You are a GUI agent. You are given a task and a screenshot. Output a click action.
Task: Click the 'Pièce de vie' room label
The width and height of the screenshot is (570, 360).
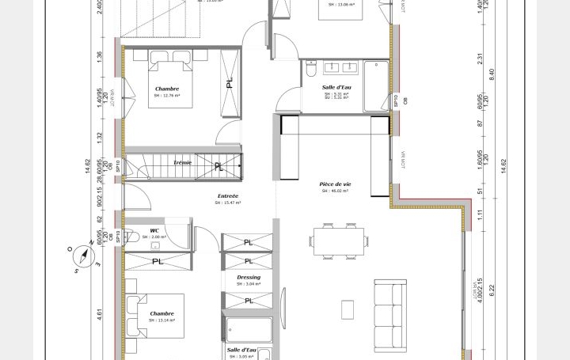click(x=336, y=184)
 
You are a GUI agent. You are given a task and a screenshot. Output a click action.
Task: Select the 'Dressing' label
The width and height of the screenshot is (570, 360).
click(x=249, y=277)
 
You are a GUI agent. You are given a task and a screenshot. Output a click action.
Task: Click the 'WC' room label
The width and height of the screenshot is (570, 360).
click(x=154, y=230)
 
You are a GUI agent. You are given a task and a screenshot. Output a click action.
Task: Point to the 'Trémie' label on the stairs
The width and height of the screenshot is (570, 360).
click(x=182, y=163)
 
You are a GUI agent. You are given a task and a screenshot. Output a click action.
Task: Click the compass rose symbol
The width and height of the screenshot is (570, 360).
click(x=82, y=257)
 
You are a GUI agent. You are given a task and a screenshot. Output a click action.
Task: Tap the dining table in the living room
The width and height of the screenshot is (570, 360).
click(x=340, y=241)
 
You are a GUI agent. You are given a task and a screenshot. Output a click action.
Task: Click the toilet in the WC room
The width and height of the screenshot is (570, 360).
click(x=131, y=237)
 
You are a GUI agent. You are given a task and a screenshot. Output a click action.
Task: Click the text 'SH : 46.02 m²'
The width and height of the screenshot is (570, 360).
click(x=336, y=191)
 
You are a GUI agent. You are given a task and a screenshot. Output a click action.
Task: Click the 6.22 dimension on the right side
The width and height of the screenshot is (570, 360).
click(x=492, y=290)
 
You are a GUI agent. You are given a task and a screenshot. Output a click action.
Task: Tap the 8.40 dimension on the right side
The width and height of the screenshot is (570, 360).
click(x=492, y=73)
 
